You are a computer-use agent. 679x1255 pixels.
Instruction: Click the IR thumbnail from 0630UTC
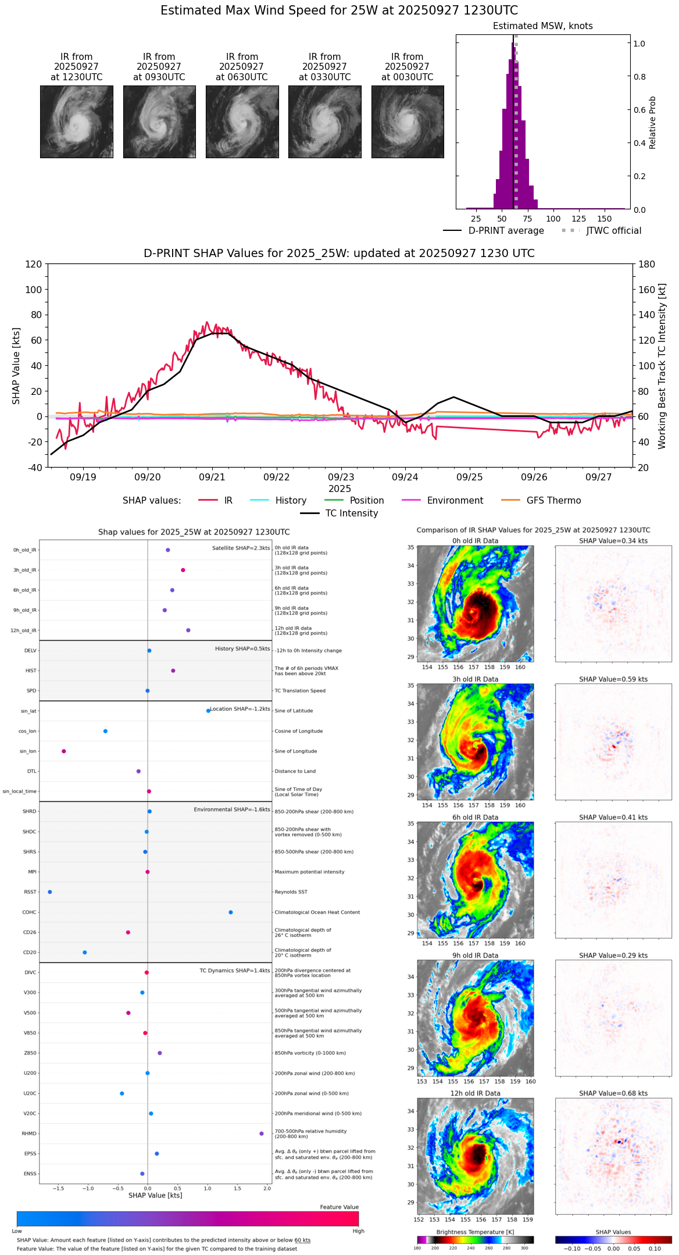(x=242, y=122)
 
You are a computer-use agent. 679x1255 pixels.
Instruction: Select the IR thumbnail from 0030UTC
(x=408, y=122)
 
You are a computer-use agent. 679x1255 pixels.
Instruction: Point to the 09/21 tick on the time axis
(x=212, y=477)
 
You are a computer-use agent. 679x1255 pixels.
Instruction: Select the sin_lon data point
(x=64, y=751)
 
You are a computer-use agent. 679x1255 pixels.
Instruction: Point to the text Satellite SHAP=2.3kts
(x=241, y=548)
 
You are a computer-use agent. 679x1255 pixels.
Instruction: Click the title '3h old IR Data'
(x=475, y=679)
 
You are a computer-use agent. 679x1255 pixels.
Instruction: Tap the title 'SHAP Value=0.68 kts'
(x=613, y=1094)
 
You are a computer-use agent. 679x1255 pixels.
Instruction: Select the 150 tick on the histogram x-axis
(x=605, y=219)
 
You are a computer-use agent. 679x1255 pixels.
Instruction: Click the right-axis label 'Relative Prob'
(x=652, y=123)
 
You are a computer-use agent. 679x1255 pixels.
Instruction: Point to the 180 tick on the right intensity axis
(x=646, y=265)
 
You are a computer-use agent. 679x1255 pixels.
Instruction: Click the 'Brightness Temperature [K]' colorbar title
(x=475, y=1232)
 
